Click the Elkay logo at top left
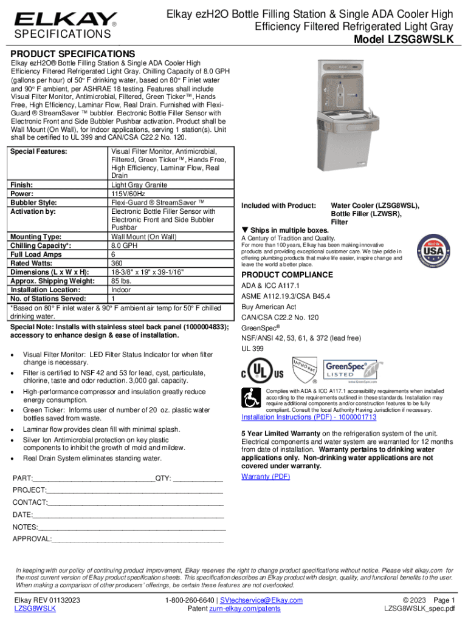(x=66, y=20)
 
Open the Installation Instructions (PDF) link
(x=309, y=417)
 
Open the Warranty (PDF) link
(x=266, y=476)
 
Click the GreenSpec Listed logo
(x=346, y=371)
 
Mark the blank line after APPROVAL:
(x=138, y=539)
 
